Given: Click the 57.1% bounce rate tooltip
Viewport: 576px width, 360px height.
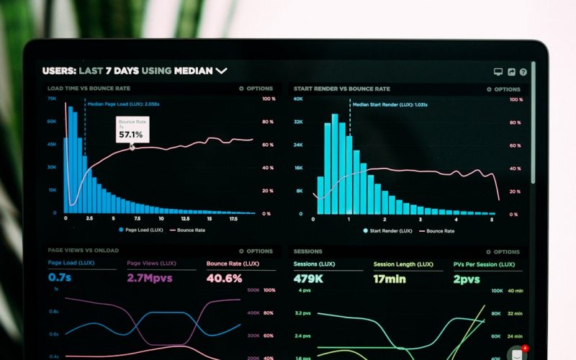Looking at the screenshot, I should (x=132, y=130).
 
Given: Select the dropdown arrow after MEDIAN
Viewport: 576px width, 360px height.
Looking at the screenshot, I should (x=221, y=71).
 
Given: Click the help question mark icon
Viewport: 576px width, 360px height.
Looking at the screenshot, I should (x=523, y=72).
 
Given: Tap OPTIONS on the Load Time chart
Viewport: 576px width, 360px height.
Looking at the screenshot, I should (x=256, y=89).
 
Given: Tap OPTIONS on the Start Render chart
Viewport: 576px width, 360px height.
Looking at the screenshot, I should (x=503, y=89).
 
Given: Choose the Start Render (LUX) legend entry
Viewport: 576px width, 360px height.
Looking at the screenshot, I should (x=390, y=231).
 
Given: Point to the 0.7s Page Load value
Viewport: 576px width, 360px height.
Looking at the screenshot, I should (x=60, y=277).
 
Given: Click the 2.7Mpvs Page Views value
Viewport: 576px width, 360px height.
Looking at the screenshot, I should (x=149, y=278).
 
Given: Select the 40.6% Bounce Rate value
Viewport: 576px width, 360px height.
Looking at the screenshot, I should (x=224, y=278).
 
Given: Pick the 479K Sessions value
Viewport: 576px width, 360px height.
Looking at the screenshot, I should (x=308, y=278).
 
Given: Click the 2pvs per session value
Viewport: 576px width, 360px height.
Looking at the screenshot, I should (x=467, y=278).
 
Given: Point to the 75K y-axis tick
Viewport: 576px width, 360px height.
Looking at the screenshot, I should (x=52, y=99).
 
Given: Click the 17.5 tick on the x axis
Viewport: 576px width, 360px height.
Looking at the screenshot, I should (x=233, y=218).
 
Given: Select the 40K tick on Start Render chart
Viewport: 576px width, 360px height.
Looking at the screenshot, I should (x=298, y=99).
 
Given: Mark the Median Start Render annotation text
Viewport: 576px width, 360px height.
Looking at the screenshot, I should (x=390, y=104).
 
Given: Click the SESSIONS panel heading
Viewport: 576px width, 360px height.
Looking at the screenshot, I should (x=308, y=251).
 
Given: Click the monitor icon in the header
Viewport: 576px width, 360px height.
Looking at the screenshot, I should (x=498, y=72).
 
